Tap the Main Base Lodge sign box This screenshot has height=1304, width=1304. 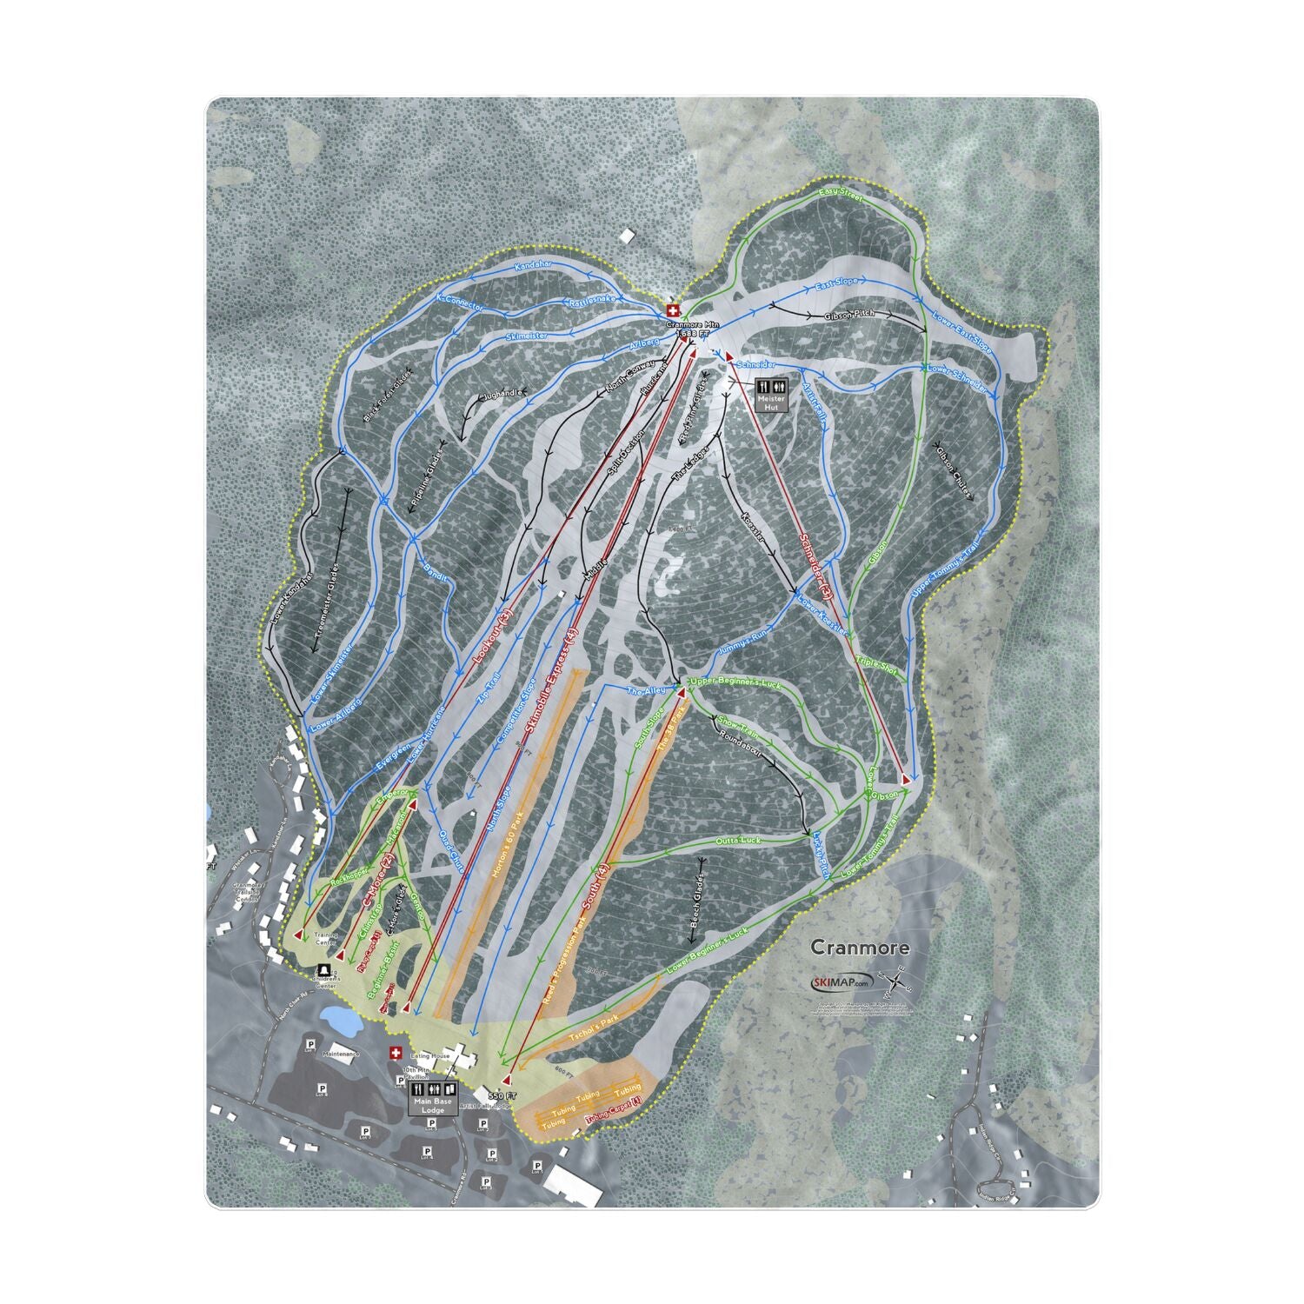point(432,1097)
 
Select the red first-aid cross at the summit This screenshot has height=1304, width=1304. point(671,310)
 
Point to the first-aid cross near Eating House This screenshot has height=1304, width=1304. point(396,1053)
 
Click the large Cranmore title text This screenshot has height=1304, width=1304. point(860,948)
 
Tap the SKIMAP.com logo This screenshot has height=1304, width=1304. point(840,981)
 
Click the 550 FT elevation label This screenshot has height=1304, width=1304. point(502,1096)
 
